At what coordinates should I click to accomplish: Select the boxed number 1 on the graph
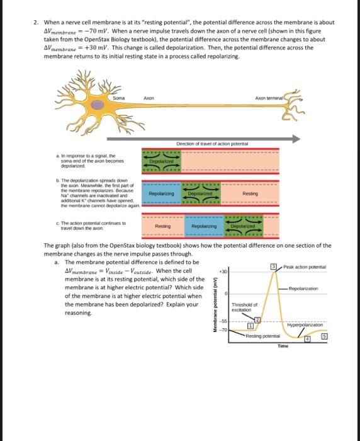click(x=250, y=326)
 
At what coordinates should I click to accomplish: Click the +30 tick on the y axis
click(x=222, y=272)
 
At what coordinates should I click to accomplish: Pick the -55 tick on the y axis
click(x=223, y=322)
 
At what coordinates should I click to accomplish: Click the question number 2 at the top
click(x=37, y=22)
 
